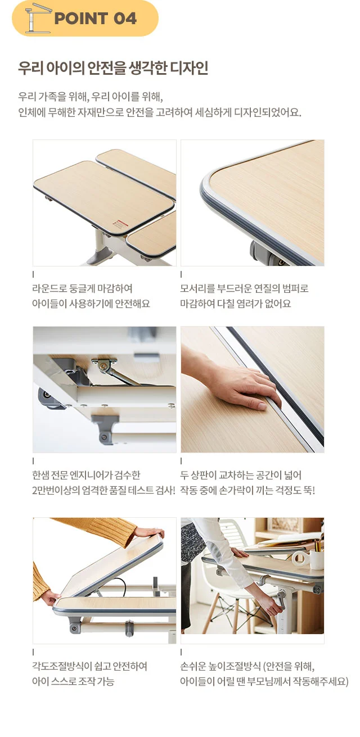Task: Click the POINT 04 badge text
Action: click(x=95, y=19)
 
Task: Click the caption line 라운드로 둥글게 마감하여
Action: click(x=82, y=288)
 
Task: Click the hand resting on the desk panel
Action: click(x=237, y=381)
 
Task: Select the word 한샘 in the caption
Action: click(x=40, y=475)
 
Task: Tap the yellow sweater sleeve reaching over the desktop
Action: click(x=96, y=530)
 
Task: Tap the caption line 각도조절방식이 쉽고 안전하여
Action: click(x=89, y=666)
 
